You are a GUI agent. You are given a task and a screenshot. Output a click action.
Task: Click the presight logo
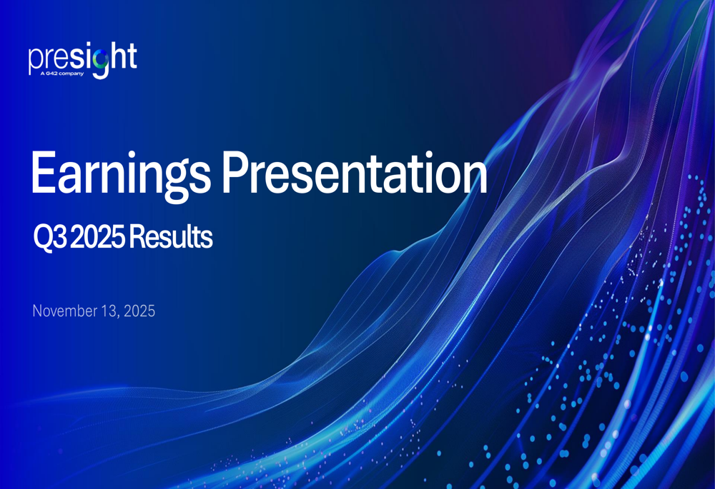tap(82, 60)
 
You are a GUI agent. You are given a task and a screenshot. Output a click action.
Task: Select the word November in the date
tap(64, 311)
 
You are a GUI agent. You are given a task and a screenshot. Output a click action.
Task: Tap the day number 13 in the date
tap(108, 311)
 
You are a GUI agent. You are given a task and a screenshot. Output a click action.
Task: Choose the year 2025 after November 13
tap(139, 311)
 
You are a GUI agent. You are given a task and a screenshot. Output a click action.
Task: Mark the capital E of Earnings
tap(44, 173)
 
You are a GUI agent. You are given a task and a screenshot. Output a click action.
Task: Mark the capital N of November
tap(37, 311)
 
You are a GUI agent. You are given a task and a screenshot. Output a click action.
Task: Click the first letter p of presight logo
tap(34, 61)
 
